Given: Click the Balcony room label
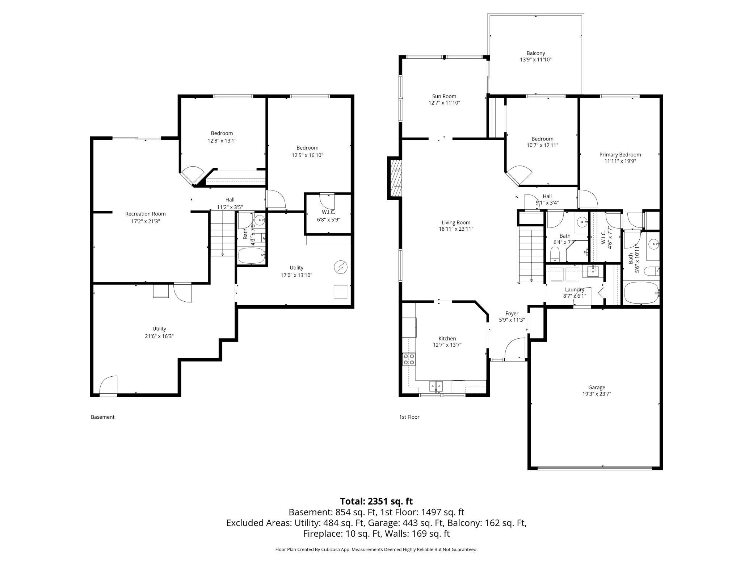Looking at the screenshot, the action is point(535,53).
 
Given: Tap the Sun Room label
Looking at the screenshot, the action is point(444,96).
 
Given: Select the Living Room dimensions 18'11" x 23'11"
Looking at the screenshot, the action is point(456,229).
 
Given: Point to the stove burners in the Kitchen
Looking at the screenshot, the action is point(409,359).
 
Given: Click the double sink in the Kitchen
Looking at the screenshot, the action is point(436,386).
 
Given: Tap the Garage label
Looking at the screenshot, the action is point(596,388).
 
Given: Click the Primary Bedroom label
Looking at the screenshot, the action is point(620,155).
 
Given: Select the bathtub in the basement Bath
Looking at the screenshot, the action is point(251,256).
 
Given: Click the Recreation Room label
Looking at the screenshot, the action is point(146,214).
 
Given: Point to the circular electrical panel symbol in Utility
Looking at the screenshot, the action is point(340,268).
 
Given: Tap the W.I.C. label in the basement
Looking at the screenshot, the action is point(328,212).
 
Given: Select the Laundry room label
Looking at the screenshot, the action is point(575,289).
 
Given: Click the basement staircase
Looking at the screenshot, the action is point(223,234).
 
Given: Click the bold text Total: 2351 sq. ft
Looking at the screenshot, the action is point(376,501).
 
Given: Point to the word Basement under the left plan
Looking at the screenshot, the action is point(102,417).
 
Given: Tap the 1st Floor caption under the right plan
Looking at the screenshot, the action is point(409,417).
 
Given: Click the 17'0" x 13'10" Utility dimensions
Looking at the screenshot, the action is point(296,275).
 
